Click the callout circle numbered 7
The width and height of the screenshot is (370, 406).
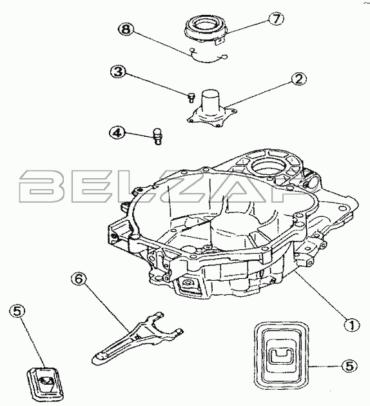coord(276,19)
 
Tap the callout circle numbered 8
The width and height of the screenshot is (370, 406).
coord(126,29)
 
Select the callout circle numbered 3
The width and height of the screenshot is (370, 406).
coord(119,71)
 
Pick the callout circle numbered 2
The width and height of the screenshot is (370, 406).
coord(298,79)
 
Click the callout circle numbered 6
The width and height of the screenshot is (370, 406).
coord(79,279)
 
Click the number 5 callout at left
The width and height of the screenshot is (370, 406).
coord(17,310)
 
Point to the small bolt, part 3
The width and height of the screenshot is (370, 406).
coord(191,98)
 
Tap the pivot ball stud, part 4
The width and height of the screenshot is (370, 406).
coord(158,136)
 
